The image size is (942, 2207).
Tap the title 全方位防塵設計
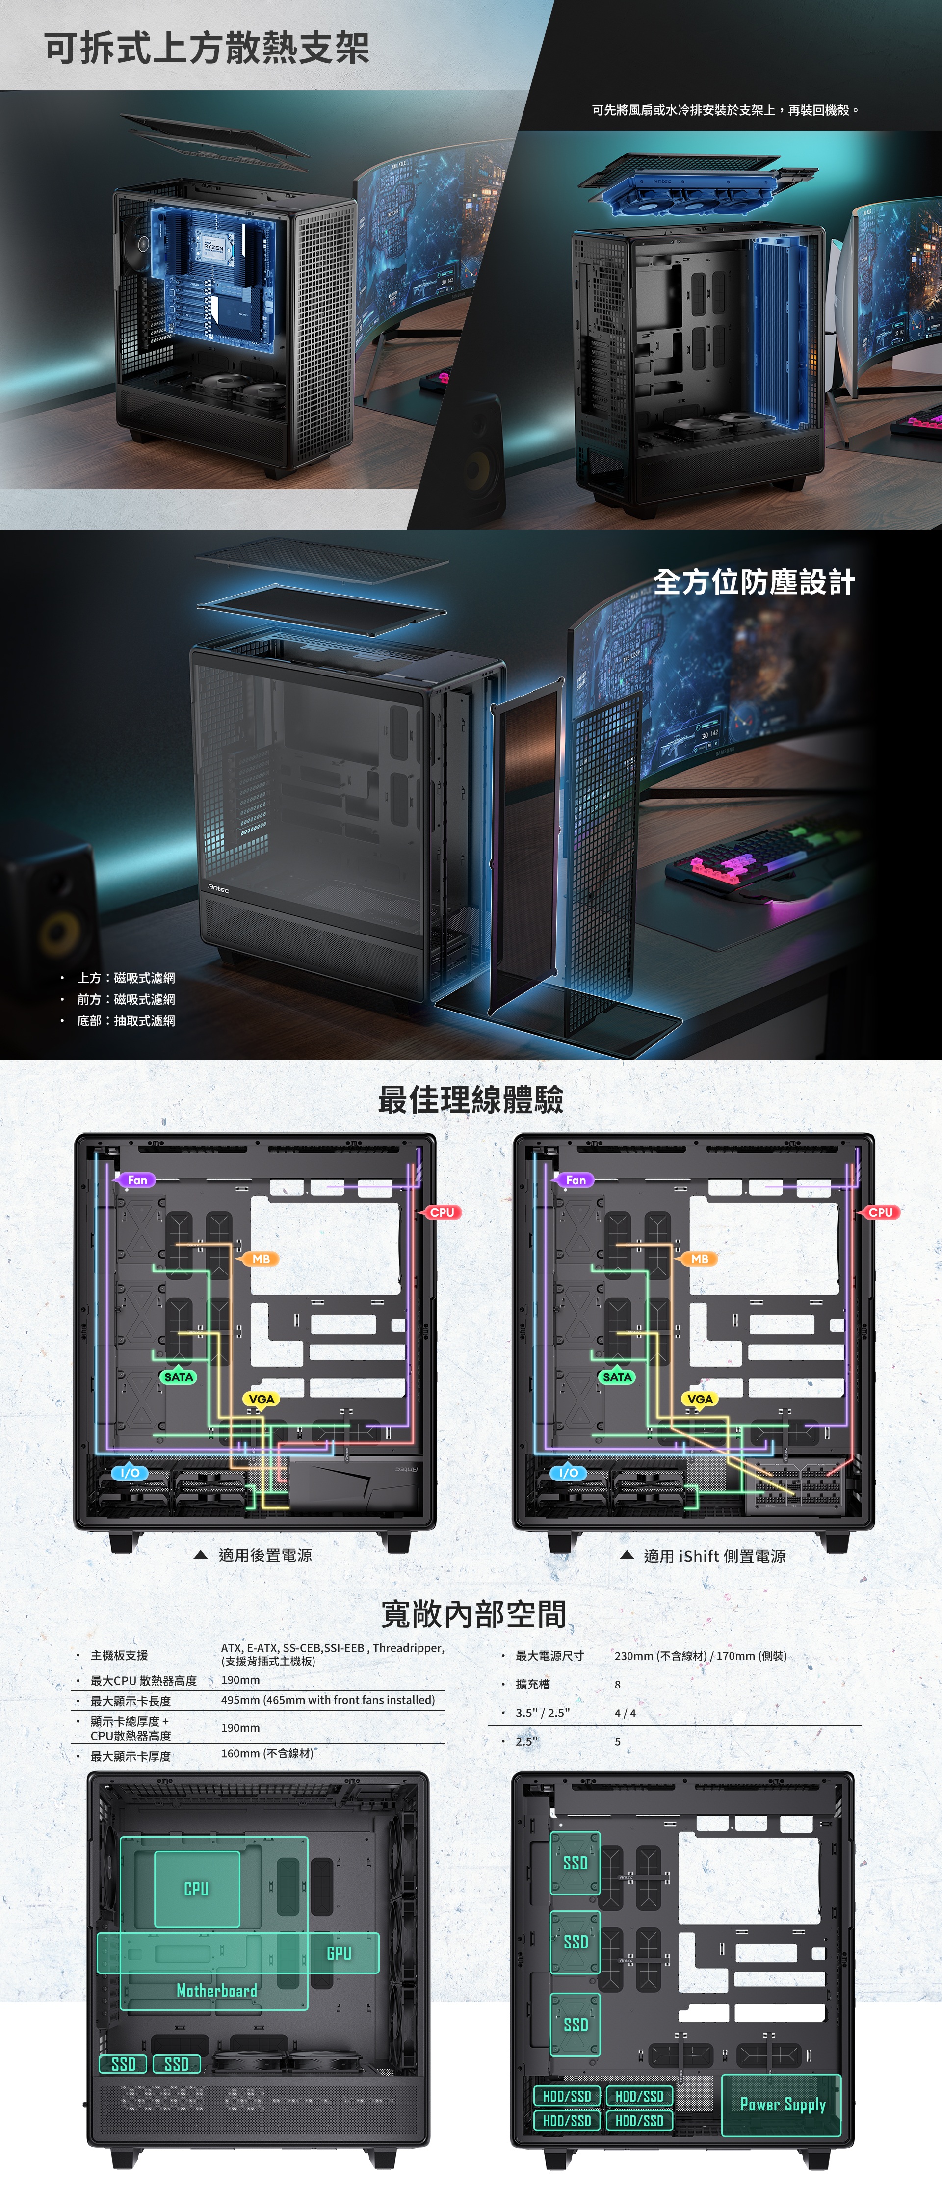pos(754,582)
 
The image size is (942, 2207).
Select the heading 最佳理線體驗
pos(471,1099)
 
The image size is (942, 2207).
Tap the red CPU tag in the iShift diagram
pos(880,1212)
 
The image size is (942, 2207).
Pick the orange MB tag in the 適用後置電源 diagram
pos(261,1259)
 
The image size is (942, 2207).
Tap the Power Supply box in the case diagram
pos(782,2104)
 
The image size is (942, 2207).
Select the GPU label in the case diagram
pos(339,1952)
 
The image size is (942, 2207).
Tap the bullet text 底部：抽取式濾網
pos(126,1020)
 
